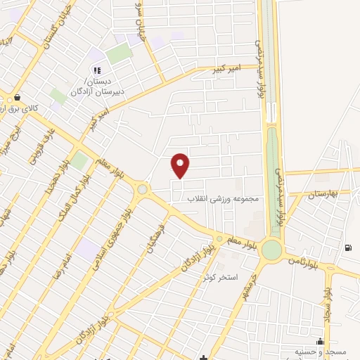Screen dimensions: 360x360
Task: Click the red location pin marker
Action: tap(181, 165)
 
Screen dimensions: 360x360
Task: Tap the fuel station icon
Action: tap(349, 247)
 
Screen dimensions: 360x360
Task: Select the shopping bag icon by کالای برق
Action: tap(15, 98)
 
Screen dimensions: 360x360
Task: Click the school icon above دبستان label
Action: tap(97, 70)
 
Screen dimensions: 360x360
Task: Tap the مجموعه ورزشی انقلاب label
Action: tap(223, 198)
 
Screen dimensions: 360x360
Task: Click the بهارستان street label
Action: tap(323, 193)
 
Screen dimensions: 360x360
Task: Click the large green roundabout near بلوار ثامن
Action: tap(271, 250)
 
